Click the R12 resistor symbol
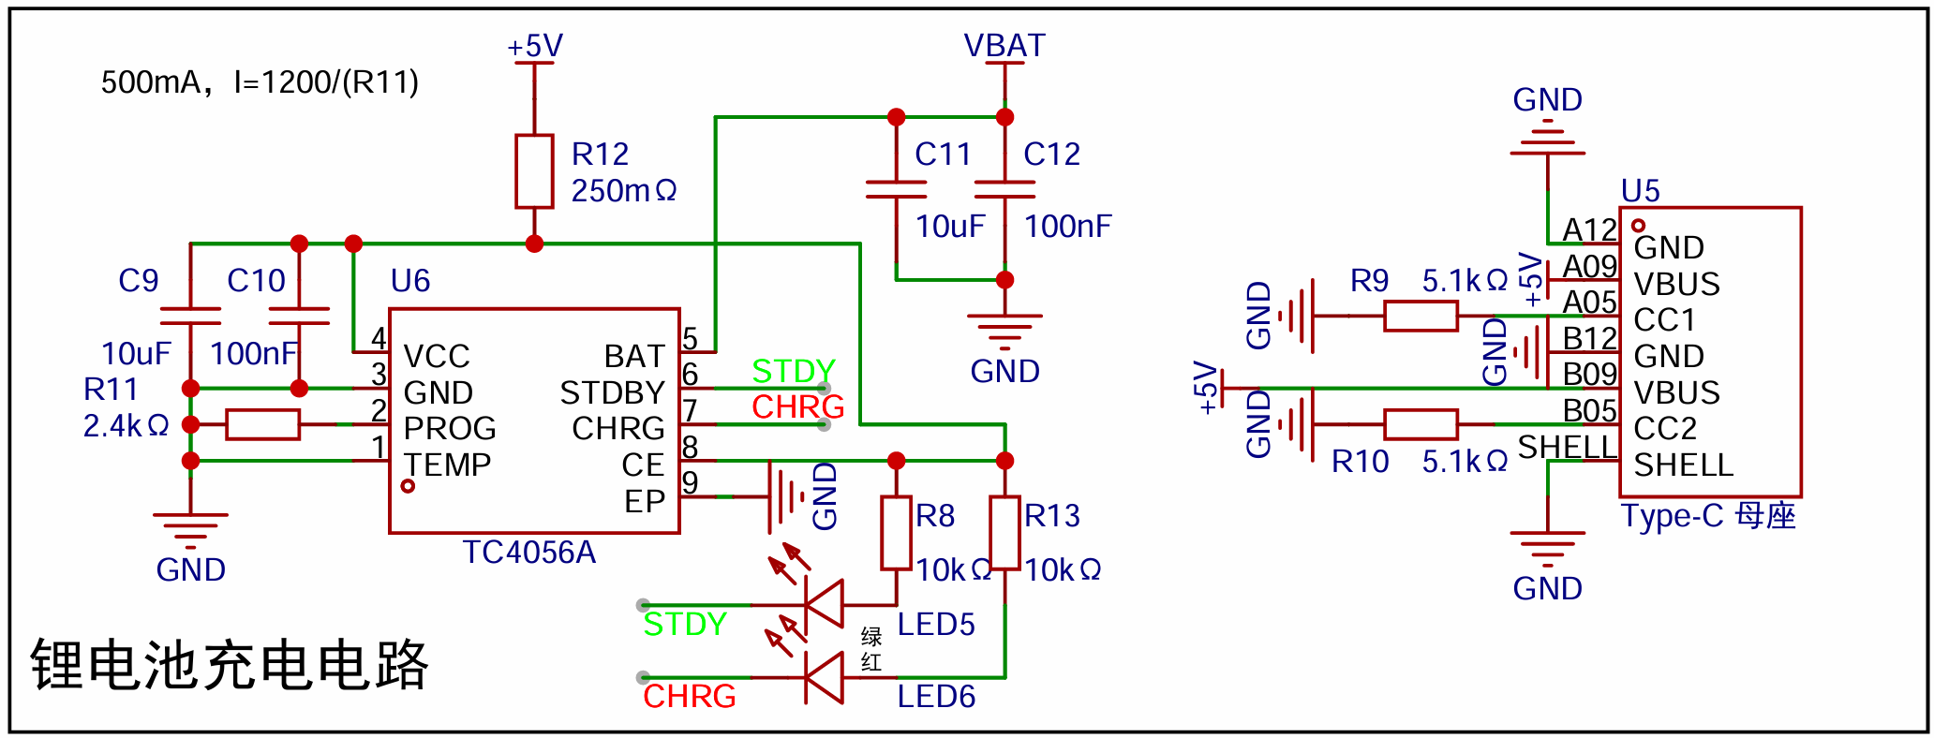coord(534,171)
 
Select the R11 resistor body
coord(262,424)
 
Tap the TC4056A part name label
coord(529,553)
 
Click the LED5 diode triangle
coord(824,605)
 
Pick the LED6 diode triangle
coord(824,677)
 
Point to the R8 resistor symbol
coord(897,533)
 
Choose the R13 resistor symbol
coord(1005,533)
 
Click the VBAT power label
coord(1004,46)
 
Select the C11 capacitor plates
coord(897,189)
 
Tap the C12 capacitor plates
coord(1005,189)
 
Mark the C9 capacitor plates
coord(190,317)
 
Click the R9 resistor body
coord(1421,316)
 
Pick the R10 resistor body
coord(1421,424)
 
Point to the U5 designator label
coord(1641,191)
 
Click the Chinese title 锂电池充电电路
coord(230,665)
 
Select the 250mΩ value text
coord(624,191)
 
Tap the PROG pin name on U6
coord(450,428)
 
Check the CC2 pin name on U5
coord(1665,428)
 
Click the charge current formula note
coord(260,82)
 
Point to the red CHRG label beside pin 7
coord(798,407)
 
